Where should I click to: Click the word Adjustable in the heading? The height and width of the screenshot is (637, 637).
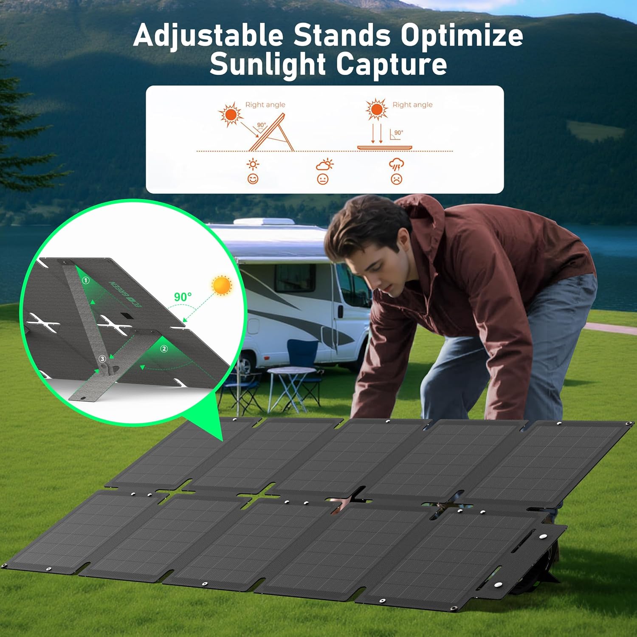coord(208,36)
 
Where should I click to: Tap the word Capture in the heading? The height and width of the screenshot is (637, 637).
coord(391,65)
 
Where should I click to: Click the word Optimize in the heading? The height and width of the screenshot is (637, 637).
coord(462,36)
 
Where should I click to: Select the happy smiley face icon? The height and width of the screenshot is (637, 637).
coord(253,179)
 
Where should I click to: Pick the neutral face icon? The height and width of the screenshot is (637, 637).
coord(323,179)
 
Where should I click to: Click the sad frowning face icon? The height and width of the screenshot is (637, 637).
coord(396,179)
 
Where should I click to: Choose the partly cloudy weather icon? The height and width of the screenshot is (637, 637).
coord(324,165)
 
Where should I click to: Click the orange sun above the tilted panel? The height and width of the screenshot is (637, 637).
coord(231,115)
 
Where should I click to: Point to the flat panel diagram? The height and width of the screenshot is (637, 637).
coord(384,147)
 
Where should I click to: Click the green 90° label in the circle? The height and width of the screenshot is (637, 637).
coord(183,297)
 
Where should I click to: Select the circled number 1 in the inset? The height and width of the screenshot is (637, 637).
coord(86,281)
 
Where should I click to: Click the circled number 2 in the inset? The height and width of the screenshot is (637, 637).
coord(164,349)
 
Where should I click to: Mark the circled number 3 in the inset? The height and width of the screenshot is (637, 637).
coord(102,359)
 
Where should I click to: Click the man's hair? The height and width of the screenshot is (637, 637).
coord(365,225)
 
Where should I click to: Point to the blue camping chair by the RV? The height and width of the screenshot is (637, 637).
coord(302,352)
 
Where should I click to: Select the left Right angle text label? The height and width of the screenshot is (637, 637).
coord(265,105)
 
